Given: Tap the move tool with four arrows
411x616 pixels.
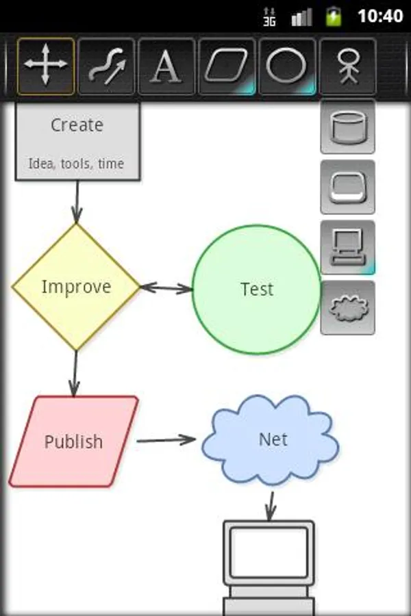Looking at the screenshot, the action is pyautogui.click(x=46, y=66).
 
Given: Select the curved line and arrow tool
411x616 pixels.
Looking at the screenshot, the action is pyautogui.click(x=106, y=66).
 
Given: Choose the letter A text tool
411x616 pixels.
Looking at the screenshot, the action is pyautogui.click(x=166, y=66).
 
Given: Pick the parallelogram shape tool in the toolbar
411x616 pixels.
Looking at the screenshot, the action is pyautogui.click(x=227, y=66).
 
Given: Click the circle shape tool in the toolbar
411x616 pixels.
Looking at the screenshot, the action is pyautogui.click(x=287, y=66).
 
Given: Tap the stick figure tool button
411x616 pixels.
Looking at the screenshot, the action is pyautogui.click(x=348, y=66).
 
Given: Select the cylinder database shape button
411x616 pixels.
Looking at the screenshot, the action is pyautogui.click(x=348, y=127).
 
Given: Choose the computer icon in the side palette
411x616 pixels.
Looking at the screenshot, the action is pyautogui.click(x=348, y=248).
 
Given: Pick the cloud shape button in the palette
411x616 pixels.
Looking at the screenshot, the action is pyautogui.click(x=348, y=308).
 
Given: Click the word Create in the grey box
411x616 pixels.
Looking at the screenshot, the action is pyautogui.click(x=77, y=125).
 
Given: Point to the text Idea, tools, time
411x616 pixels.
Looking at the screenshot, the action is pyautogui.click(x=76, y=164).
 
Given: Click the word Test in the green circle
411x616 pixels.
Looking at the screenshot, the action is pyautogui.click(x=257, y=290).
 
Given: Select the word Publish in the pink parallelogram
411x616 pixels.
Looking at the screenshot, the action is pyautogui.click(x=73, y=442).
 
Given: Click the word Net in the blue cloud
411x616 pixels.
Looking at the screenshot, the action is pyautogui.click(x=273, y=439).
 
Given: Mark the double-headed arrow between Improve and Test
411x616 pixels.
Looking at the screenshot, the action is pyautogui.click(x=166, y=288).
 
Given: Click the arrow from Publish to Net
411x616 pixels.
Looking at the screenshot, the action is pyautogui.click(x=166, y=440).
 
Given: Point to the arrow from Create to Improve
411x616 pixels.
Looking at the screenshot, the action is pyautogui.click(x=77, y=202).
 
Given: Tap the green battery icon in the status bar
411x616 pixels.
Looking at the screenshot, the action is pyautogui.click(x=334, y=16).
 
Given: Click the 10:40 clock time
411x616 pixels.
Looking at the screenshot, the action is pyautogui.click(x=380, y=16).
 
